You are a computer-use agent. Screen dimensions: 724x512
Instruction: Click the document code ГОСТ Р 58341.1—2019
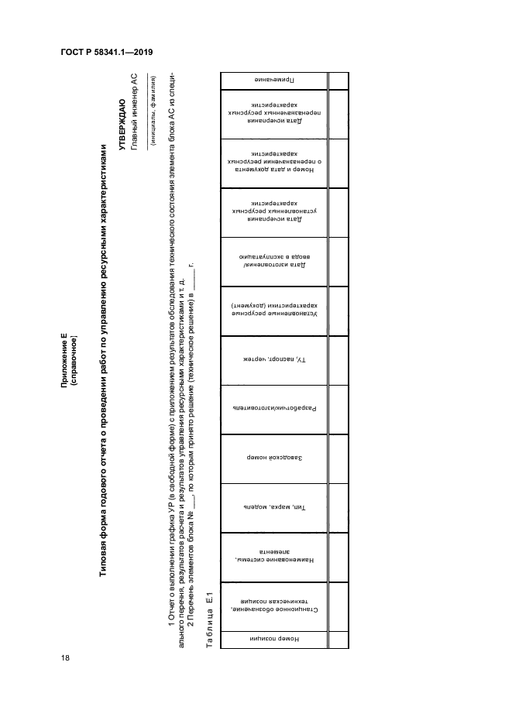click(106, 52)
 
